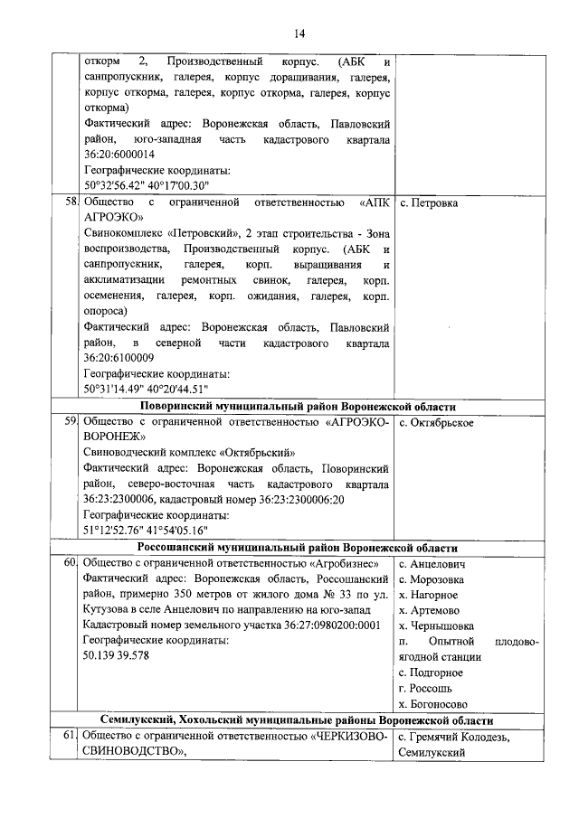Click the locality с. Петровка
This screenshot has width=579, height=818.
(429, 202)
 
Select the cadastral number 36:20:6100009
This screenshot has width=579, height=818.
(126, 358)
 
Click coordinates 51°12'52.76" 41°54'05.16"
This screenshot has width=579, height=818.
(153, 531)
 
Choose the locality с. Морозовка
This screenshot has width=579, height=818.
(432, 578)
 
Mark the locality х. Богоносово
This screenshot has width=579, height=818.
(432, 703)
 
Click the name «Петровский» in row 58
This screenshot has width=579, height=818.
(197, 233)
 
